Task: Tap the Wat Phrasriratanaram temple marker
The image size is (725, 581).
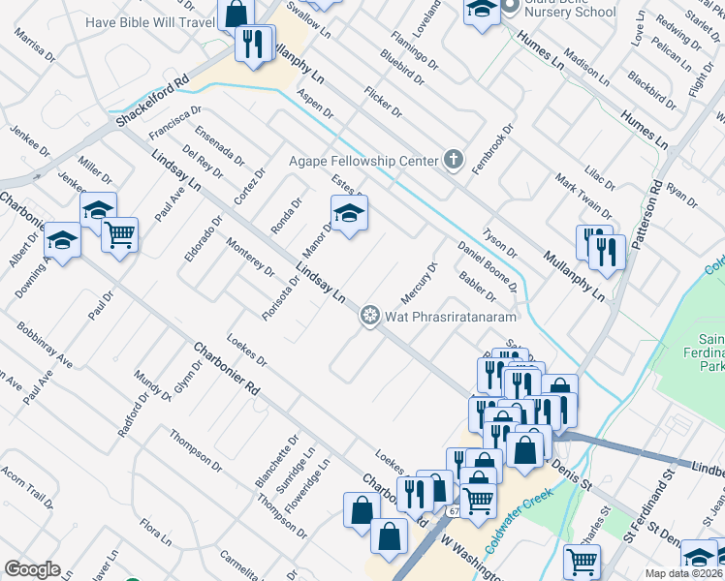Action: [368, 316]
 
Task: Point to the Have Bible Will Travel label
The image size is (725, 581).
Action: [149, 22]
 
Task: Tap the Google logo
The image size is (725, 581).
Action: [32, 569]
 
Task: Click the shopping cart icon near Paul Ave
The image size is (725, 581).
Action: [119, 233]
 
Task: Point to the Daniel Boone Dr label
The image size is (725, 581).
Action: [489, 265]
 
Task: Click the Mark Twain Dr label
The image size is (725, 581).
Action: [583, 195]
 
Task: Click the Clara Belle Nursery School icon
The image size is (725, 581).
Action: [481, 12]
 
